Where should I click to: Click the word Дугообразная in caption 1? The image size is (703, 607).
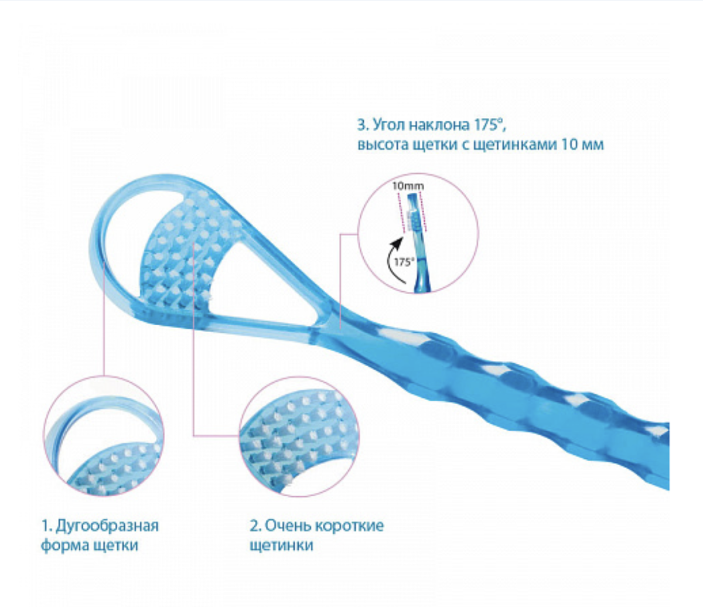pos(107,524)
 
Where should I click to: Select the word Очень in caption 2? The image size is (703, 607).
pos(288,524)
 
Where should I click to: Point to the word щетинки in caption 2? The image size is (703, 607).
pos(281,545)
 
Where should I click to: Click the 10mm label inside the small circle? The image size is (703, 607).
pos(408,186)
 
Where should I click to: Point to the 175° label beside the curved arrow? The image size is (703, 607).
pos(402,262)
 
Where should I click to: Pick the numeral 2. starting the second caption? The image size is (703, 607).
pos(254,524)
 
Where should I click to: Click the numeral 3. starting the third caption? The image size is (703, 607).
pos(361,125)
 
